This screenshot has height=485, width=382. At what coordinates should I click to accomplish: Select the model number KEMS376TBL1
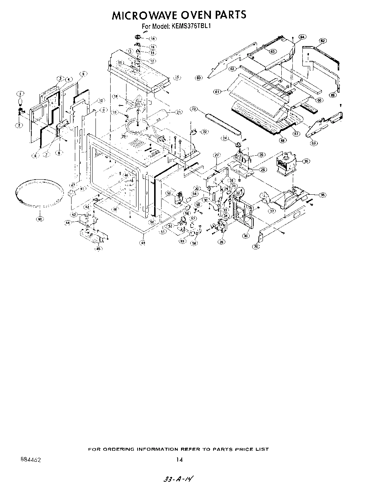point(191,26)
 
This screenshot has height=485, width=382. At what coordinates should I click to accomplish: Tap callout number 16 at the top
point(152,38)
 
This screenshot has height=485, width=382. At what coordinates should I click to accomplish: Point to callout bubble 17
point(177,78)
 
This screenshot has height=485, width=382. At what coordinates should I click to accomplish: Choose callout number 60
point(199,78)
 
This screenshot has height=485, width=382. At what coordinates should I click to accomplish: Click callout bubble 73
point(194,109)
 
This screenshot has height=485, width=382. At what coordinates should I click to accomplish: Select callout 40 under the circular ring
point(39,219)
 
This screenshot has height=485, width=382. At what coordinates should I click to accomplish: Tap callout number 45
point(98,249)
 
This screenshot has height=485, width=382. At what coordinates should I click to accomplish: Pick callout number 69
point(314,143)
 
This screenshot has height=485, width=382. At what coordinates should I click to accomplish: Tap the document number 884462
point(28,460)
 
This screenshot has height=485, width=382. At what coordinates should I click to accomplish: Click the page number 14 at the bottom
point(179,460)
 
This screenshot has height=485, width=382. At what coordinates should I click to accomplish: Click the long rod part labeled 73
point(221,124)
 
